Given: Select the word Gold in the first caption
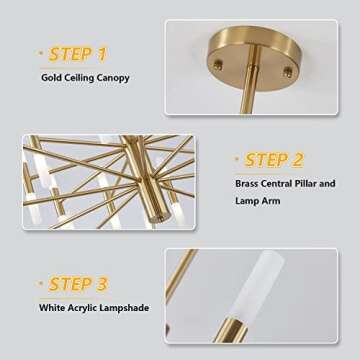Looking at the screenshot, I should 52,77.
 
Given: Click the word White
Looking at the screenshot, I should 54,308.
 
